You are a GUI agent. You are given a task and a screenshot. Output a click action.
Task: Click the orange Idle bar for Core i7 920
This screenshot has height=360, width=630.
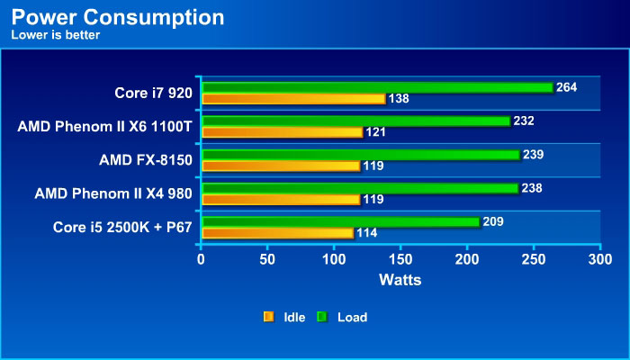(292, 98)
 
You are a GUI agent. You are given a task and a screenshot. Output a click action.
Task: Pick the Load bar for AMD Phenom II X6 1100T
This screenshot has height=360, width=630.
(355, 121)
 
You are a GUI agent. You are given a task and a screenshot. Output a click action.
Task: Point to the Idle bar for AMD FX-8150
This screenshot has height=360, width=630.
(280, 166)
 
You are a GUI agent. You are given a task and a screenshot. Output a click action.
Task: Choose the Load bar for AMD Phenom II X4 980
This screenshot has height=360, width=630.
(359, 188)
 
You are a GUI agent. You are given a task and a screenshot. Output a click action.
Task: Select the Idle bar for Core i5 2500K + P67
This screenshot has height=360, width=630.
(277, 233)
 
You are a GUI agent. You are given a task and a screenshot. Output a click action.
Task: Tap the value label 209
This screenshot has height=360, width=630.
(493, 221)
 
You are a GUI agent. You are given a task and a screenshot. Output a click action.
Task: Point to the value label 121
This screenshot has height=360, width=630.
(376, 132)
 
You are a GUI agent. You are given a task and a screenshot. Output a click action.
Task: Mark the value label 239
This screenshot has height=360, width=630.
(534, 155)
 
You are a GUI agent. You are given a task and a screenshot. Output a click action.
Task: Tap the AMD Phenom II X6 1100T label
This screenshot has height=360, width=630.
(105, 127)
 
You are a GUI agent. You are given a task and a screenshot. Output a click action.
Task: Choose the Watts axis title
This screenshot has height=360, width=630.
(400, 280)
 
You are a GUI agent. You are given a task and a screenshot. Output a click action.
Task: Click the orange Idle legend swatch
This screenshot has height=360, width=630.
(268, 317)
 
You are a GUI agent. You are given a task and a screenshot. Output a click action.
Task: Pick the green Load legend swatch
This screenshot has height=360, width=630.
(322, 317)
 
